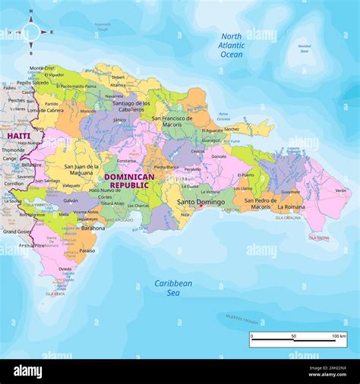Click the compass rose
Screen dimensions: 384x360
coord(30,32)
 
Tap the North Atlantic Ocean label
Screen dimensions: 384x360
coord(232,46)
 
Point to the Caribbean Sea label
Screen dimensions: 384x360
coord(173,288)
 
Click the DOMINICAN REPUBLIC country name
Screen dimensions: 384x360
coord(129,181)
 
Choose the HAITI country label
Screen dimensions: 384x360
coord(18,135)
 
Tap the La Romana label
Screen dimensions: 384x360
coord(290,206)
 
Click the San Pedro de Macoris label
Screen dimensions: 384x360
coord(251,203)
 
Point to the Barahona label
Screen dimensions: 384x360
coord(93,228)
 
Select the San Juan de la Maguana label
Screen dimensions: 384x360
coord(81,169)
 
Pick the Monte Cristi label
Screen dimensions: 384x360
coord(43,68)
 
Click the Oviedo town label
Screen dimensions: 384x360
coord(65,268)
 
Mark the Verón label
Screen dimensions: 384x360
coord(341,190)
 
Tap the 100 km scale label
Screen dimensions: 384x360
coord(339,335)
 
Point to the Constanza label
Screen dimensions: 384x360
coord(127,161)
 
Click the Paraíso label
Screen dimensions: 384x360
coord(87,250)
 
